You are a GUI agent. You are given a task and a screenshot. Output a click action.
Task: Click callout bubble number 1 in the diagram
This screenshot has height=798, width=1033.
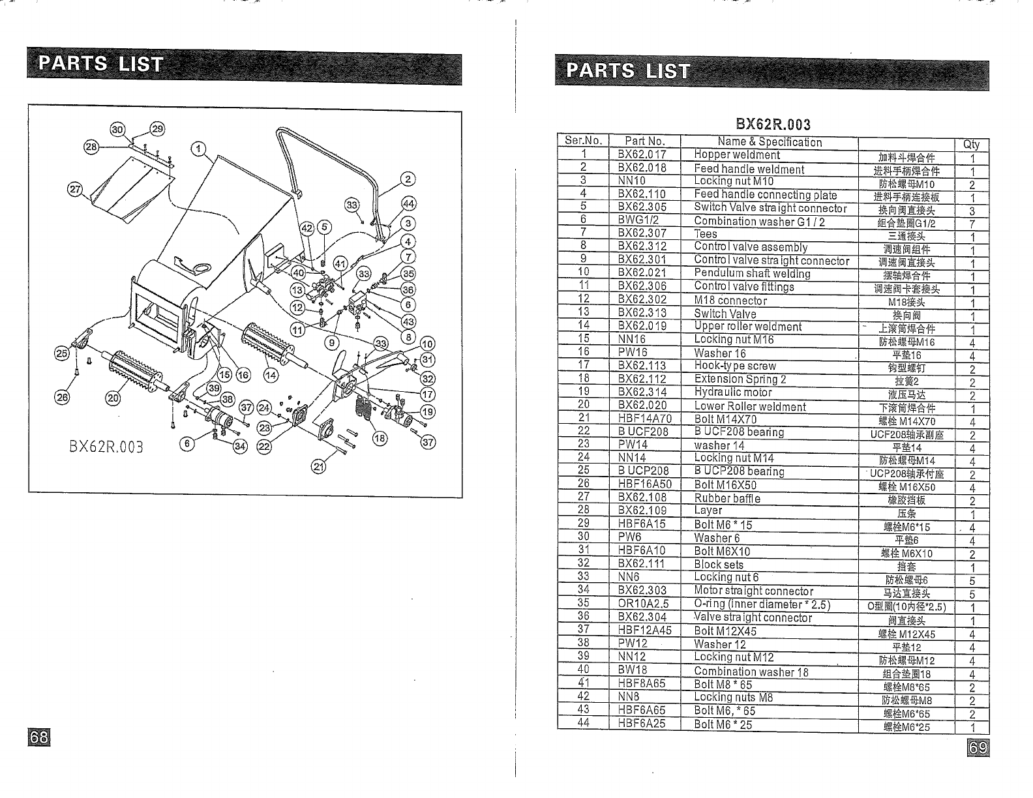(198, 147)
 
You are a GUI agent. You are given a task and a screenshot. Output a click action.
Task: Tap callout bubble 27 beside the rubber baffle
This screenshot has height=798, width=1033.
(76, 190)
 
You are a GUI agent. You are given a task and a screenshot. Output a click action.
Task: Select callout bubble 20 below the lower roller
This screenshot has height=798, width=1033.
(113, 398)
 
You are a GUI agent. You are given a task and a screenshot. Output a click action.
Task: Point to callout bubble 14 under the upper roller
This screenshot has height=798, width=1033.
(270, 375)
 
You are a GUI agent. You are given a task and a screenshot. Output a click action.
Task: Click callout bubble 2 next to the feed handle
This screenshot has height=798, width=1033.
(408, 179)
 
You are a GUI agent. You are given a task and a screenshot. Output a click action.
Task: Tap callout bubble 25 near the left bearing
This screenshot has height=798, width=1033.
(61, 353)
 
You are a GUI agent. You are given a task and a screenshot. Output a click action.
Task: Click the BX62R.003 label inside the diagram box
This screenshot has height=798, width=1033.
(106, 447)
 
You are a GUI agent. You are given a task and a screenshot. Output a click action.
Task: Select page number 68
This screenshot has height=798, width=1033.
(38, 737)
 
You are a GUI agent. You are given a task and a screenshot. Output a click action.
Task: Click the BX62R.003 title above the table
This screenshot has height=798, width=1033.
(773, 124)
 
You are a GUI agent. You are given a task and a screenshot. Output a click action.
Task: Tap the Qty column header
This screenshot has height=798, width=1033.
(971, 145)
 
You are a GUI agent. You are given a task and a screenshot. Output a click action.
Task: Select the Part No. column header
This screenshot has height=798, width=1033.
(644, 141)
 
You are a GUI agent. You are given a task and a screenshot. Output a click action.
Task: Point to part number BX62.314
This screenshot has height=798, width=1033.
(642, 392)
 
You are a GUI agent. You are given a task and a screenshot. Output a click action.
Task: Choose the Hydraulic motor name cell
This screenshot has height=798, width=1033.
(733, 392)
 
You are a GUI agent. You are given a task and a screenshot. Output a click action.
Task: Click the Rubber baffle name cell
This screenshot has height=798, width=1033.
(727, 499)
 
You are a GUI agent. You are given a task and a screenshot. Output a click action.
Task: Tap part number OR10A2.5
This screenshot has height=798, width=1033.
(644, 604)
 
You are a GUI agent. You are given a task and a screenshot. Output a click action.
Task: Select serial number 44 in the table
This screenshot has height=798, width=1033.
(584, 722)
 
